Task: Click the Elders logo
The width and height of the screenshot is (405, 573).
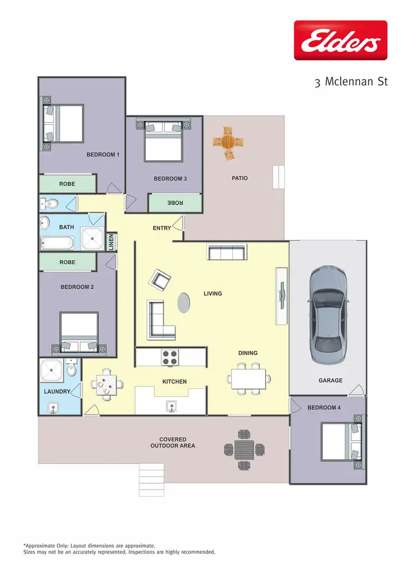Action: tap(341, 40)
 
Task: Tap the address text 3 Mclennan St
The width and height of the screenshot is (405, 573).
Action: tap(352, 83)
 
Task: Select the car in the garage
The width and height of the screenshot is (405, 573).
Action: tap(327, 314)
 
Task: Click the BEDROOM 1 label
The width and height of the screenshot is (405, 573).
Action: tap(103, 155)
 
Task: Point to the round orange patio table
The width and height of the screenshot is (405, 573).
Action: tap(228, 142)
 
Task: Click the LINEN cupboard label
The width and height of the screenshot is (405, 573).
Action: tap(111, 242)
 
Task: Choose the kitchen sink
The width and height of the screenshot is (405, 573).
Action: tap(171, 405)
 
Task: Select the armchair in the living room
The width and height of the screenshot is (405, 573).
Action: tap(160, 279)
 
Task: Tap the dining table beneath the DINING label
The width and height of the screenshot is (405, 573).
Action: tap(248, 378)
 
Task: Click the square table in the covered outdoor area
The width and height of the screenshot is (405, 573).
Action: tap(244, 449)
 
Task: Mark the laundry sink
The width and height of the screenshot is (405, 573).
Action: tap(53, 407)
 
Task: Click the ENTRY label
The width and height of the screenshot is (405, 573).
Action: tap(162, 228)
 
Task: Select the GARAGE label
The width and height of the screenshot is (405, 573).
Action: tap(330, 381)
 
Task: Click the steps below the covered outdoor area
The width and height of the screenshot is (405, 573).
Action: tap(151, 477)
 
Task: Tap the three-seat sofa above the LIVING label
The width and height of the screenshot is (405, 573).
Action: tap(227, 252)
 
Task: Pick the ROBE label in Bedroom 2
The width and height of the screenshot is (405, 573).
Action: tap(67, 262)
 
